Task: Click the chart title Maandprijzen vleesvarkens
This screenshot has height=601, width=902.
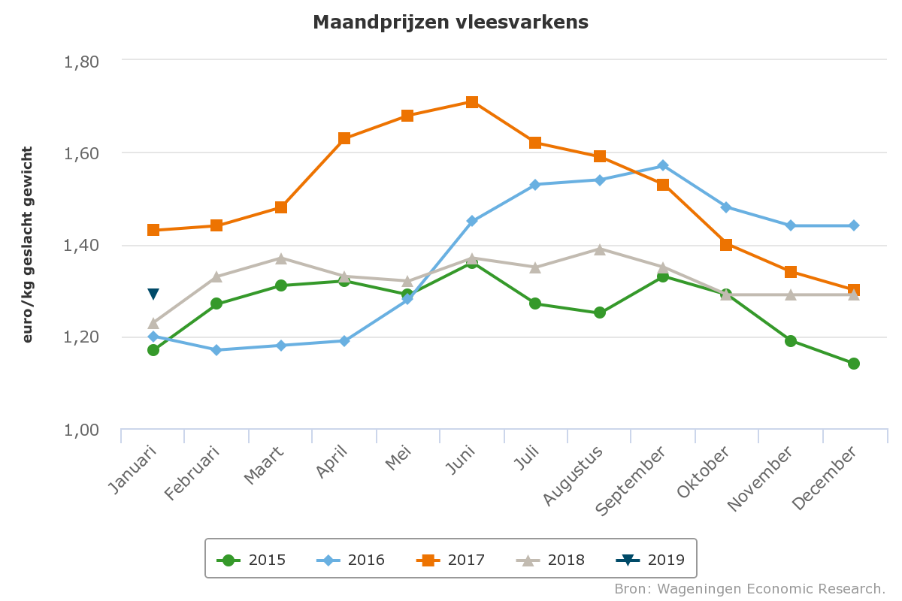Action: [x=450, y=23]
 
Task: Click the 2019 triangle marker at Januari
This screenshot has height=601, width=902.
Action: [x=153, y=294]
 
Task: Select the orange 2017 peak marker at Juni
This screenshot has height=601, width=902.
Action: [x=472, y=102]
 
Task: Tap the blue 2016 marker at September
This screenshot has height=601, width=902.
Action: [x=663, y=165]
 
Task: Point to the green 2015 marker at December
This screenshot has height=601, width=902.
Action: [x=854, y=364]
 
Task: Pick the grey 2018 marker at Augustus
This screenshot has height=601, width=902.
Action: [x=600, y=249]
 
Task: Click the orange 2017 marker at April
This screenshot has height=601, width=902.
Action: [x=344, y=138]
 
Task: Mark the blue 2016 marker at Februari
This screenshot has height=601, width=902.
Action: [x=216, y=350]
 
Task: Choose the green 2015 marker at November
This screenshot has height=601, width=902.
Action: [x=791, y=341]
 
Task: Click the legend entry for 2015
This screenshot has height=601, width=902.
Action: [x=251, y=560]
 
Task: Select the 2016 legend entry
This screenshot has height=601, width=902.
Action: [x=350, y=560]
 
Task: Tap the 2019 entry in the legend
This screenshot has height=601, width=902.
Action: [x=650, y=560]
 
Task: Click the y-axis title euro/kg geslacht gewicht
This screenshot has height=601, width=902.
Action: [x=28, y=246]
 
